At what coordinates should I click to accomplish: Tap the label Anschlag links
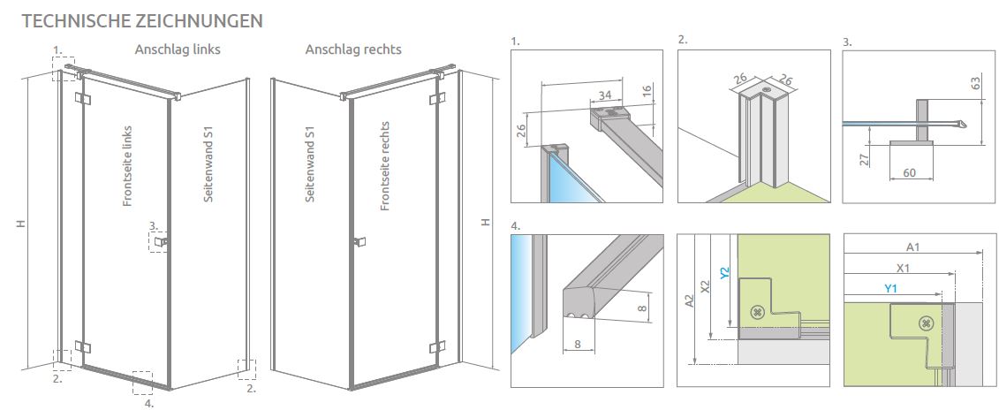[x=178, y=49]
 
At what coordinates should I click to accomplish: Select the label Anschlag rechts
[x=353, y=49]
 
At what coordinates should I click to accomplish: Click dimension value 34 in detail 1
[x=604, y=95]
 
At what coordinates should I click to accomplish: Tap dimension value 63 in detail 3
[x=975, y=84]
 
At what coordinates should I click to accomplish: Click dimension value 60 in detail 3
[x=910, y=173]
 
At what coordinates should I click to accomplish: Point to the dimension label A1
[x=913, y=248]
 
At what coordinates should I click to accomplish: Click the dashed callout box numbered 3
[x=158, y=242]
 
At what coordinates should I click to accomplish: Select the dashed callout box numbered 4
[x=142, y=382]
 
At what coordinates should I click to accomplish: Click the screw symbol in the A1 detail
[x=926, y=323]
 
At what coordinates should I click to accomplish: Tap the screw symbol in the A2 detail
[x=756, y=311]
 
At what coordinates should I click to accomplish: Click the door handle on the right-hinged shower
[x=359, y=241]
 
